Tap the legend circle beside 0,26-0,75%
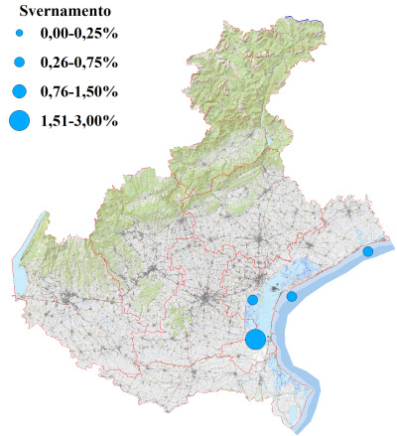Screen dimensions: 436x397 pyautogui.click(x=18, y=63)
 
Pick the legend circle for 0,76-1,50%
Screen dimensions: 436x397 pyautogui.click(x=18, y=91)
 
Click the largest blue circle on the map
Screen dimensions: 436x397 pyautogui.click(x=255, y=340)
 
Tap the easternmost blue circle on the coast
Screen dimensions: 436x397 pyautogui.click(x=367, y=251)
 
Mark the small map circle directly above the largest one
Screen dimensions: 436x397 pyautogui.click(x=253, y=300)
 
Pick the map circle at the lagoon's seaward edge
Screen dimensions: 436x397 pyautogui.click(x=292, y=296)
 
